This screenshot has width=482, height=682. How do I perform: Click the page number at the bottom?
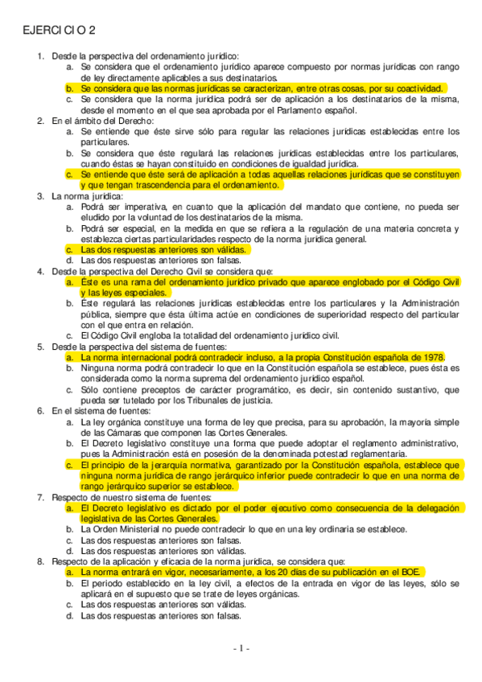(x=241, y=648)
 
